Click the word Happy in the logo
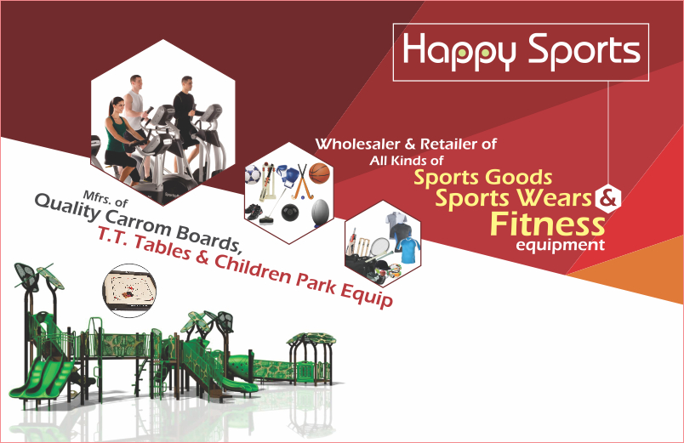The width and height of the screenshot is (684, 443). pyautogui.click(x=459, y=52)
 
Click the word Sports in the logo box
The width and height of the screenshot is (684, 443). pyautogui.click(x=584, y=52)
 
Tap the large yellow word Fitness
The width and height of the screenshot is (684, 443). pyautogui.click(x=548, y=224)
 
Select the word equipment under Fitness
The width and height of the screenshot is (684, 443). pyautogui.click(x=560, y=245)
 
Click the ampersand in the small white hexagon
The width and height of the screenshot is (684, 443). pyautogui.click(x=608, y=198)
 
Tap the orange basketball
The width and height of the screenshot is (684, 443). pyautogui.click(x=319, y=173)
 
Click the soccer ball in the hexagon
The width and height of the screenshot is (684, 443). pyautogui.click(x=253, y=174)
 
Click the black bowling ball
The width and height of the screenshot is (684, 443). pyautogui.click(x=290, y=213)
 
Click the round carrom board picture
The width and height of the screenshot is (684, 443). pyautogui.click(x=129, y=291)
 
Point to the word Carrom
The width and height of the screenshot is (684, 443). pyautogui.click(x=139, y=222)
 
